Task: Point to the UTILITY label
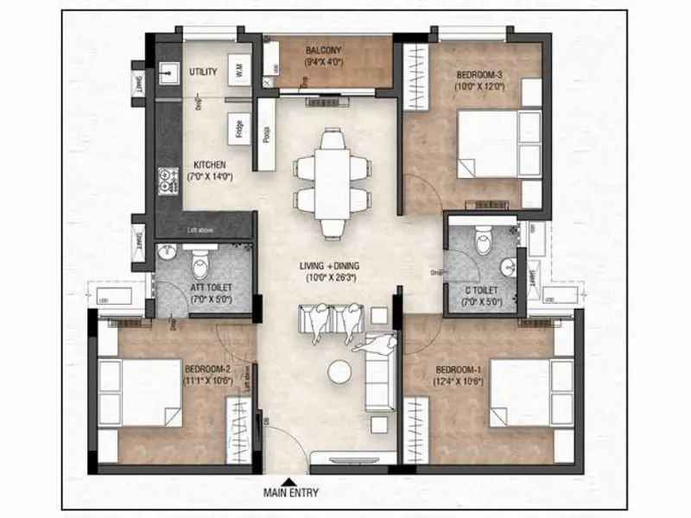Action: pyautogui.click(x=203, y=72)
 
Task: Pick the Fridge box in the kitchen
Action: pyautogui.click(x=238, y=128)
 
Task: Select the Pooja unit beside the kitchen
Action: pyautogui.click(x=265, y=136)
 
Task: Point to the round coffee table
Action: pyautogui.click(x=339, y=371)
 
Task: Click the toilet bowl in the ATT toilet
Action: pyautogui.click(x=200, y=256)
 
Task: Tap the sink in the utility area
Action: pyautogui.click(x=166, y=72)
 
